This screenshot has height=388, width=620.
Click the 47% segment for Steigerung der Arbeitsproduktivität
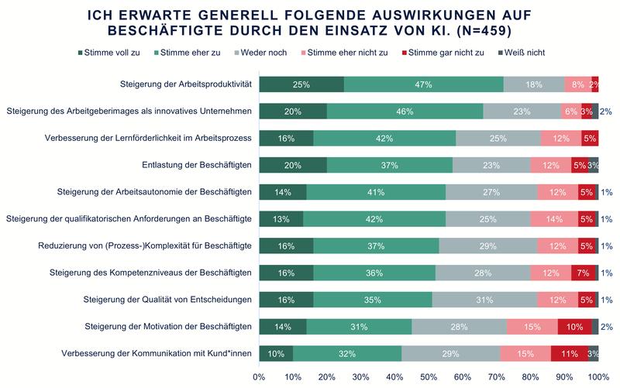click(x=423, y=84)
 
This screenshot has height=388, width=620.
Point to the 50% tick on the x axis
click(x=429, y=376)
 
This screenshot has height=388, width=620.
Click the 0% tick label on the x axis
click(x=259, y=376)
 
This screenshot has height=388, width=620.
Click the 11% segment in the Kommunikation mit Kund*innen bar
click(x=569, y=354)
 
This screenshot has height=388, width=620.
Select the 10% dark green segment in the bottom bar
click(x=276, y=354)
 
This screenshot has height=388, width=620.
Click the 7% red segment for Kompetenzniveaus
click(x=583, y=273)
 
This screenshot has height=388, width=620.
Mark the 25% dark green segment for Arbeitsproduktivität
click(x=301, y=84)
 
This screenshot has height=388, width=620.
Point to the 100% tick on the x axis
click(x=598, y=376)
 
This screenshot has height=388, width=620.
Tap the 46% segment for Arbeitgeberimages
click(x=405, y=112)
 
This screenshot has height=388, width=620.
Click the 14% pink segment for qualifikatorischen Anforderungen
click(x=554, y=219)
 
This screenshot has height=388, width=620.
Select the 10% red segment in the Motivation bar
click(x=574, y=327)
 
